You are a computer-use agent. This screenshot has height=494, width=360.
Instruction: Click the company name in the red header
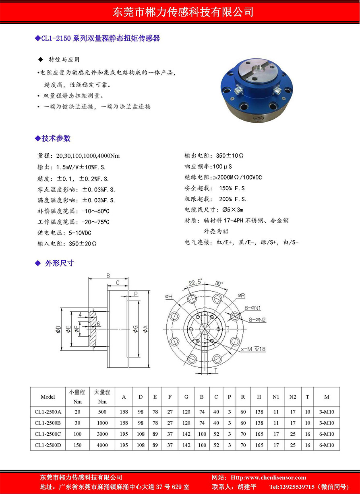[183, 12]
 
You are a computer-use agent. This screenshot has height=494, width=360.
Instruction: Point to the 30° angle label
[219, 282]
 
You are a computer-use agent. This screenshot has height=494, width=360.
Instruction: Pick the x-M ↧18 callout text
[253, 349]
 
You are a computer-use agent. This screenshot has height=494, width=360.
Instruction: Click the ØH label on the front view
[169, 296]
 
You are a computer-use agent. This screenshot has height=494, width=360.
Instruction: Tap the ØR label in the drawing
[241, 296]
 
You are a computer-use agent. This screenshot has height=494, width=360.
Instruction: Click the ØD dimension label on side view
[59, 330]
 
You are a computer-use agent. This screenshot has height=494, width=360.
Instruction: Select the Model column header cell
[48, 397]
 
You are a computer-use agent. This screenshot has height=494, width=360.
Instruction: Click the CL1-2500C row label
[48, 434]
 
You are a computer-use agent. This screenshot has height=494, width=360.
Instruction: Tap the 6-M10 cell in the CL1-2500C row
[326, 434]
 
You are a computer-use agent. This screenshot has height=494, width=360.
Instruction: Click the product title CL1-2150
[56, 39]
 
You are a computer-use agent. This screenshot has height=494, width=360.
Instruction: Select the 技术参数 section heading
[56, 138]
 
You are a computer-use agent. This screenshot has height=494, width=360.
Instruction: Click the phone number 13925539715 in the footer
[292, 487]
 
